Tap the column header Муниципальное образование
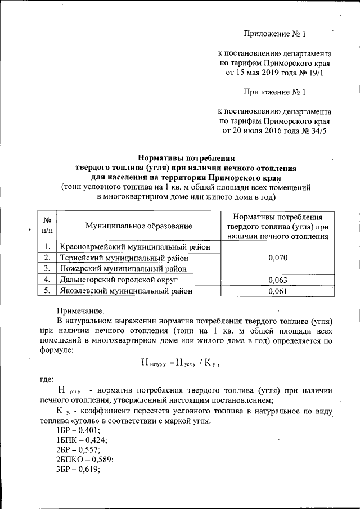138,226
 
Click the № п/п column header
47,226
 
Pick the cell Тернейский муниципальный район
124,258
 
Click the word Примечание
81,310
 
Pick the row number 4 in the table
47,280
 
